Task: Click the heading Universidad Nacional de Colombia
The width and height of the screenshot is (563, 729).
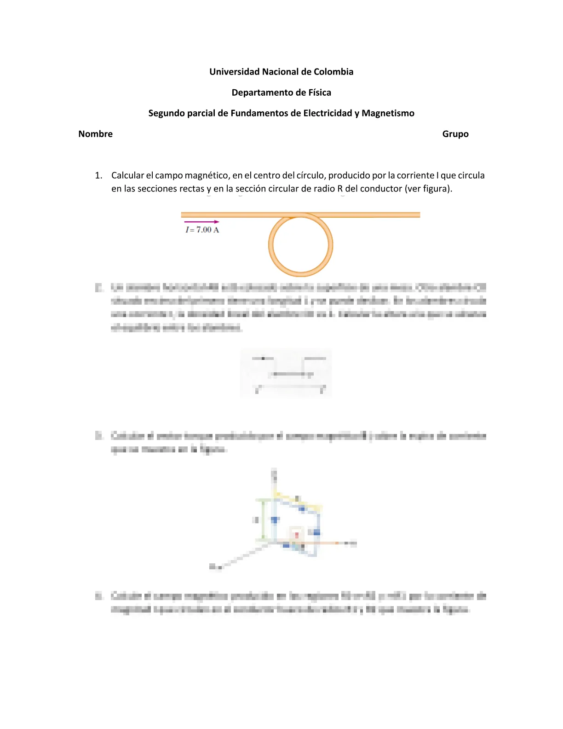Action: click(x=281, y=72)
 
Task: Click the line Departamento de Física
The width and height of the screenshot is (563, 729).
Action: click(x=281, y=93)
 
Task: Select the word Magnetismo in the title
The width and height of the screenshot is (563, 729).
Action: click(x=388, y=113)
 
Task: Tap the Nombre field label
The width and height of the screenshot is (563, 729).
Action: click(x=95, y=134)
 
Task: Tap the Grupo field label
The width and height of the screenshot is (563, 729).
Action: click(x=455, y=134)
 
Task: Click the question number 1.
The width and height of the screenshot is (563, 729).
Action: click(x=98, y=175)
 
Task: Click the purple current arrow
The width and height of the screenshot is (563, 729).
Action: click(x=201, y=222)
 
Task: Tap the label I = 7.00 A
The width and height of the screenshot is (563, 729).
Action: click(x=202, y=230)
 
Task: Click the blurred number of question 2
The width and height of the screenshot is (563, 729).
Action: click(x=98, y=288)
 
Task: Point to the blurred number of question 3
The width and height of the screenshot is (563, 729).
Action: click(x=98, y=435)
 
